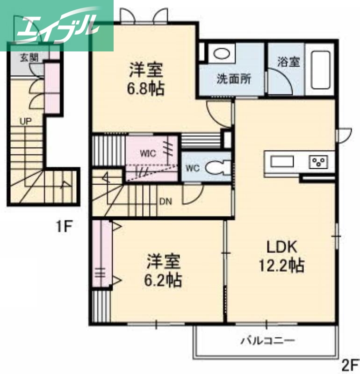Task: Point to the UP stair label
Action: coord(26,121)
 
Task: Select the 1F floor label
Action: coord(64,228)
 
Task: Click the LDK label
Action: coord(282,246)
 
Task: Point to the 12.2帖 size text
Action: coord(282,265)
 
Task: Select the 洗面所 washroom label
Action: coord(233,79)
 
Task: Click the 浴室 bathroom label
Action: coord(288,62)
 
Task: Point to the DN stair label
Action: coord(166,202)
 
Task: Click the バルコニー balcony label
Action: coord(267,340)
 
